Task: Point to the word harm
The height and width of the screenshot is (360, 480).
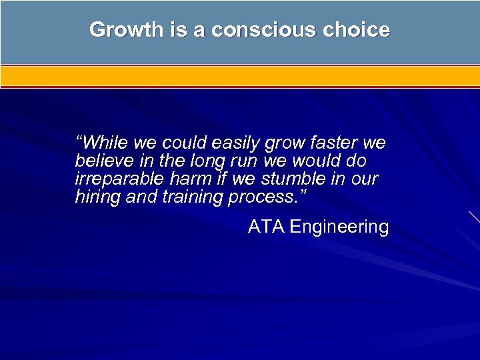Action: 192,179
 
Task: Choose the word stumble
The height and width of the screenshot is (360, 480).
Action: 290,179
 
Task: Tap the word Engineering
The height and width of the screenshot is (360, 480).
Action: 339,227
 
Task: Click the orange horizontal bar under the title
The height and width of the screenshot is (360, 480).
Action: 240,76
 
